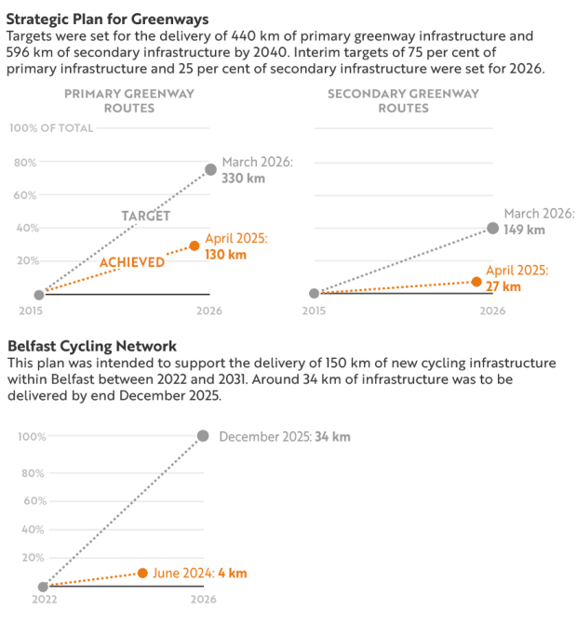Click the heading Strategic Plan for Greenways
pyautogui.click(x=107, y=19)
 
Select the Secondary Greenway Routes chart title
pyautogui.click(x=403, y=100)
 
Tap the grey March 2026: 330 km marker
pyautogui.click(x=210, y=169)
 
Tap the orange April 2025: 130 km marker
pyautogui.click(x=195, y=245)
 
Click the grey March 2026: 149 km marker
pyautogui.click(x=492, y=228)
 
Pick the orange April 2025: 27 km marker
pyautogui.click(x=476, y=281)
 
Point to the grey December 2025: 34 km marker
pyautogui.click(x=203, y=436)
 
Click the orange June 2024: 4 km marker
pyautogui.click(x=142, y=573)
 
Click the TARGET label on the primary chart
pyautogui.click(x=146, y=216)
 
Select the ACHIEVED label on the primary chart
pyautogui.click(x=131, y=262)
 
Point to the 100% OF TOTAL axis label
pyautogui.click(x=51, y=128)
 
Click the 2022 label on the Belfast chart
pyautogui.click(x=44, y=601)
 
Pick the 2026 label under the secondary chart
pyautogui.click(x=492, y=311)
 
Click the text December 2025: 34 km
pyautogui.click(x=284, y=436)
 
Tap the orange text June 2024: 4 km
pyautogui.click(x=200, y=573)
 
